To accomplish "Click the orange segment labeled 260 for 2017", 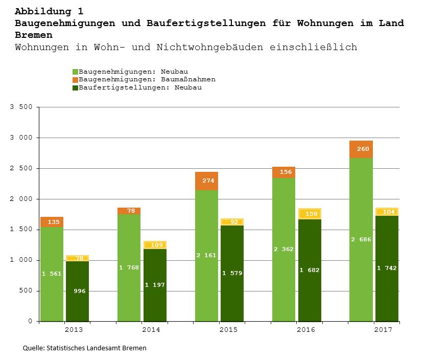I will pos(361,149).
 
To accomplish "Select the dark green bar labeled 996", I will pos(77,291).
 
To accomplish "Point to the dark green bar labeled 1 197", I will pos(155,285).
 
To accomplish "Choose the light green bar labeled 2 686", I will pos(361,239).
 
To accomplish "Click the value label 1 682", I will pos(310,270).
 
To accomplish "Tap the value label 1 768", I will pos(129,267).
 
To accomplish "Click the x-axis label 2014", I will pos(151,330).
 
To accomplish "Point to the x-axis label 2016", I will pos(305,330).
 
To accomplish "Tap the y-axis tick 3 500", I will pos(21,107).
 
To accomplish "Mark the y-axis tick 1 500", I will pos(21,230).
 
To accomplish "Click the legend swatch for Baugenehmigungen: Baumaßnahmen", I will pos(75,80).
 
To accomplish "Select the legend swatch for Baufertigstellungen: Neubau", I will pos(75,87).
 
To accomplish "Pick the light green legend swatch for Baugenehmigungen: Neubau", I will pos(75,72).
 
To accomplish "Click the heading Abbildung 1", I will pos(49,11).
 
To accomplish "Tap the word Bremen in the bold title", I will pos(34,35).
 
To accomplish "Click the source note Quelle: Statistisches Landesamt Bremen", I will pos(85,348).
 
